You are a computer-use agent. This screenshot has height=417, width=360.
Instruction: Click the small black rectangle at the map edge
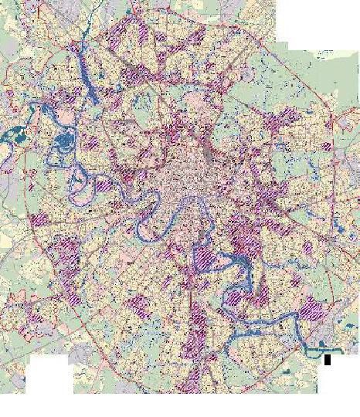click(328, 358)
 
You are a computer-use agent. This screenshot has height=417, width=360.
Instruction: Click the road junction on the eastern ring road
click(331, 124)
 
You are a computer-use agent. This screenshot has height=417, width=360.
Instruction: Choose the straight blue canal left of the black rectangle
click(305, 351)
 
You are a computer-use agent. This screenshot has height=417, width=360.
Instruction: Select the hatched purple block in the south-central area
click(199, 317)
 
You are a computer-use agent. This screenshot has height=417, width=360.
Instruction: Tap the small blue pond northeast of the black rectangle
click(340, 340)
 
